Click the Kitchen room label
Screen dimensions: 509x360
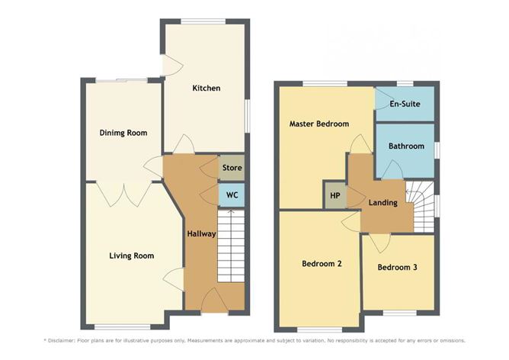coord(206,88)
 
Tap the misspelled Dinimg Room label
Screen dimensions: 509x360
coord(123,133)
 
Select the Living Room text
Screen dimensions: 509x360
coord(132,256)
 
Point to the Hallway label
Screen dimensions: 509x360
coord(201,233)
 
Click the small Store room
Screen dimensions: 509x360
coord(232,168)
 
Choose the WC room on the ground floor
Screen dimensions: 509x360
coord(232,195)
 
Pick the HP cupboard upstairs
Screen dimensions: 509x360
coord(335,195)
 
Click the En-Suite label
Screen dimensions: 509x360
coord(405,104)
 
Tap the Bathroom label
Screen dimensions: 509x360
coord(406,146)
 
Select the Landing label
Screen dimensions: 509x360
coord(383,203)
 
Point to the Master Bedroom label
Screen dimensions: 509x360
coord(319,124)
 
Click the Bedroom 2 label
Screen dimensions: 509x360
coord(322,263)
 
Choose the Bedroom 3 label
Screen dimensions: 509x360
coord(397,268)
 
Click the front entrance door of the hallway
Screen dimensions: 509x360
coord(215,301)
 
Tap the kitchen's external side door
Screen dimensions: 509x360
coord(172,66)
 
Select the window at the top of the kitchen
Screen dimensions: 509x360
coord(203,21)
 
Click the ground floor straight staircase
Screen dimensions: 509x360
coord(231,246)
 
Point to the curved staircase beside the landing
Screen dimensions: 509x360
coord(420,207)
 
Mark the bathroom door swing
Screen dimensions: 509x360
coord(392,169)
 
